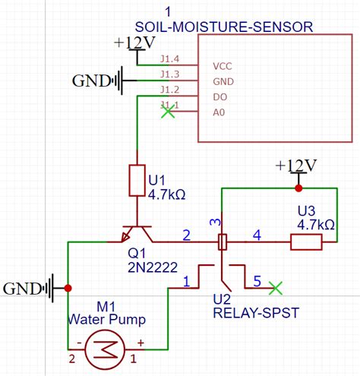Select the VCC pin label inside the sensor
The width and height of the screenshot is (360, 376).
(x=223, y=65)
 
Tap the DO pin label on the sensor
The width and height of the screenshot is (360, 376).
(x=219, y=97)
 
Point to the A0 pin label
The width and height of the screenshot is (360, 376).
(x=219, y=112)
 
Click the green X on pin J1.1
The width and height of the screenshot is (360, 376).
(x=169, y=112)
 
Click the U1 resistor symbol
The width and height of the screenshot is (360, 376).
(x=137, y=180)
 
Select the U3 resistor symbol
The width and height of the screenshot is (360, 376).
(x=307, y=242)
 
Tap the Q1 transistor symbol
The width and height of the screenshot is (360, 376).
(x=137, y=234)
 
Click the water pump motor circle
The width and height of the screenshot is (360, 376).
(x=103, y=349)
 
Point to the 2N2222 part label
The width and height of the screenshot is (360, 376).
(x=153, y=267)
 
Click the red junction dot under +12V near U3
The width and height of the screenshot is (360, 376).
(x=298, y=188)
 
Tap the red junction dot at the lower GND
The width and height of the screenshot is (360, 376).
(x=68, y=288)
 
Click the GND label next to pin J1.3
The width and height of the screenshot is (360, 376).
(x=90, y=80)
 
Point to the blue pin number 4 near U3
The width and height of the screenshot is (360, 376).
(x=256, y=235)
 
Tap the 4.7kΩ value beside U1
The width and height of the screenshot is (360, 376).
(x=167, y=194)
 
